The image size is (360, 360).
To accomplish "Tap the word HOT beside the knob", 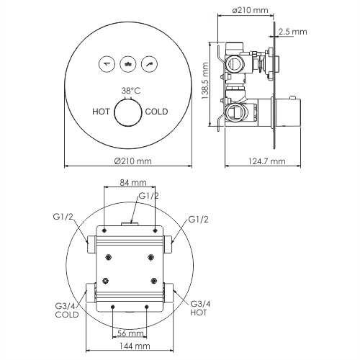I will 102,112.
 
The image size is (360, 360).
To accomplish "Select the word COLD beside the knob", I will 157,112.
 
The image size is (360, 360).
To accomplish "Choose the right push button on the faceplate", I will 149,63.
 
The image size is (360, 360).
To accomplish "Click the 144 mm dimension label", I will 130,347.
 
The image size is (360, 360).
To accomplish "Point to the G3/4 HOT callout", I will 201,308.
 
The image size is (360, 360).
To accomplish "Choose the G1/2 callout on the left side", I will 63,217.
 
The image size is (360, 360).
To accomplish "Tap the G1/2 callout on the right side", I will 199,219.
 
